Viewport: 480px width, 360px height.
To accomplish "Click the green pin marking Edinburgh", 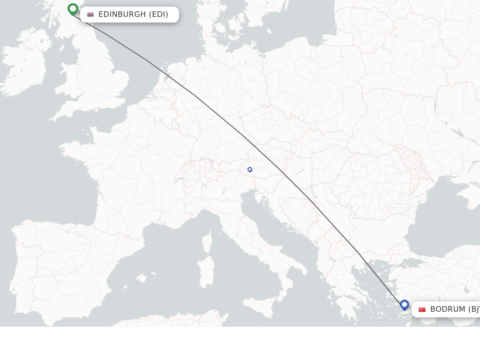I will coord(73,9).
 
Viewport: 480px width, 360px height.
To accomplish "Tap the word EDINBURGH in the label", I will coord(122,15).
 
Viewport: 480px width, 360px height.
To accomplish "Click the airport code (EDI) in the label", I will coord(159,15).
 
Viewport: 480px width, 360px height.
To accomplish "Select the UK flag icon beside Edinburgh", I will coord(90,15).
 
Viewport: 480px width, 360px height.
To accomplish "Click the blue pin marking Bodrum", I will coord(405,305).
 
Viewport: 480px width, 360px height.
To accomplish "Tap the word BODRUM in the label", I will coord(448,309).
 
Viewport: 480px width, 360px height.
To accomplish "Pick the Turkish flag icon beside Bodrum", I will coord(422,309).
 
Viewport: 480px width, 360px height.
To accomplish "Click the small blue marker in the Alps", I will coord(250,170).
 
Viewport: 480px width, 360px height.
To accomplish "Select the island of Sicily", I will coord(261,307).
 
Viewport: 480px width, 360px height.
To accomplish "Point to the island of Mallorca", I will coord(141,278).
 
